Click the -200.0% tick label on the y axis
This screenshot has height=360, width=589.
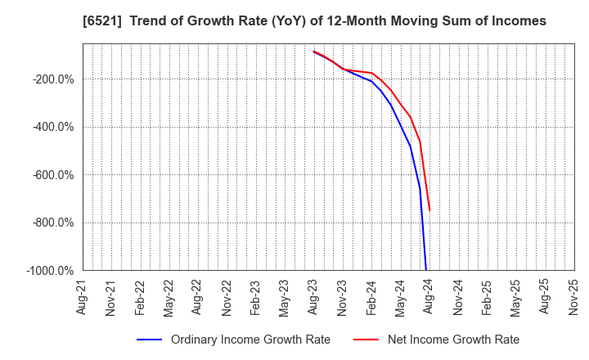coord(53,79)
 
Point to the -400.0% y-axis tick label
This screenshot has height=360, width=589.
coord(53,127)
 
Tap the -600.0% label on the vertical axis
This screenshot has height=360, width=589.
coord(53,175)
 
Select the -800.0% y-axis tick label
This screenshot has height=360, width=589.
coord(53,223)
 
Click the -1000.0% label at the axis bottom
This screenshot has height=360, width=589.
coord(51,271)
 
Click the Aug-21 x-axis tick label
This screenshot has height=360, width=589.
coord(83,298)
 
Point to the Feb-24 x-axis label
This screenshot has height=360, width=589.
coord(371,298)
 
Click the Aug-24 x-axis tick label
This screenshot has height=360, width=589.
coord(429,298)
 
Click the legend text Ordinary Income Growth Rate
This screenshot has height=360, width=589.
coord(250,340)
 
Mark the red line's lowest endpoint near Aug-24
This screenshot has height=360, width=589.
coord(429,211)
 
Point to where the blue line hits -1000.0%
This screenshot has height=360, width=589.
coord(425,269)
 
